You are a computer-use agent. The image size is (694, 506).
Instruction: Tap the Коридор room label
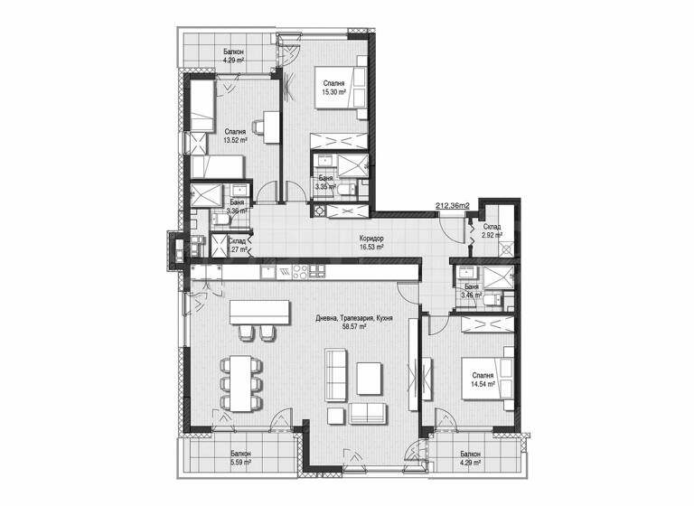370,238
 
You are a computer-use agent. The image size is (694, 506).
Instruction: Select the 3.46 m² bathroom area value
471,295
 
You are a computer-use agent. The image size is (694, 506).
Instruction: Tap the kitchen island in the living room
261,313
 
